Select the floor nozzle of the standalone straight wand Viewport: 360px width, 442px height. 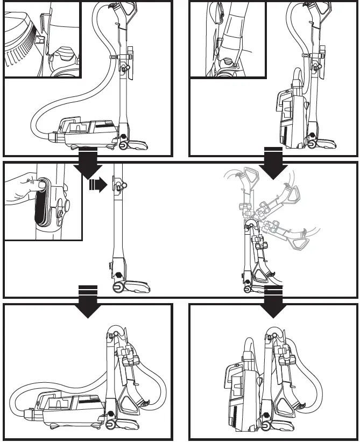pos(132,285)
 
